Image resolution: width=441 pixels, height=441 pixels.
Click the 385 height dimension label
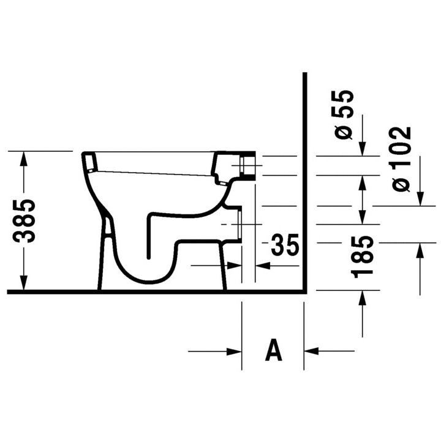click(x=24, y=221)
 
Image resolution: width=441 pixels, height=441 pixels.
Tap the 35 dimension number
click(x=285, y=244)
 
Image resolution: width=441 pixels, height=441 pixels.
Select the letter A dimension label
click(x=273, y=350)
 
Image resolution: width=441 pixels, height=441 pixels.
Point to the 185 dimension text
click(x=363, y=256)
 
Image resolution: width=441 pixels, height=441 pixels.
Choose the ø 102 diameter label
click(x=400, y=159)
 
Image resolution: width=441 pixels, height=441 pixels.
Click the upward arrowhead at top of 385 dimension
click(x=24, y=159)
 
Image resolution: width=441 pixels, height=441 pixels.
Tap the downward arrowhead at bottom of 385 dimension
click(x=24, y=282)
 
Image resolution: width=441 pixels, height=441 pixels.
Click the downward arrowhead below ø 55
click(x=363, y=148)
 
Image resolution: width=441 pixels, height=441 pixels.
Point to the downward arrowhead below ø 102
click(x=420, y=198)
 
